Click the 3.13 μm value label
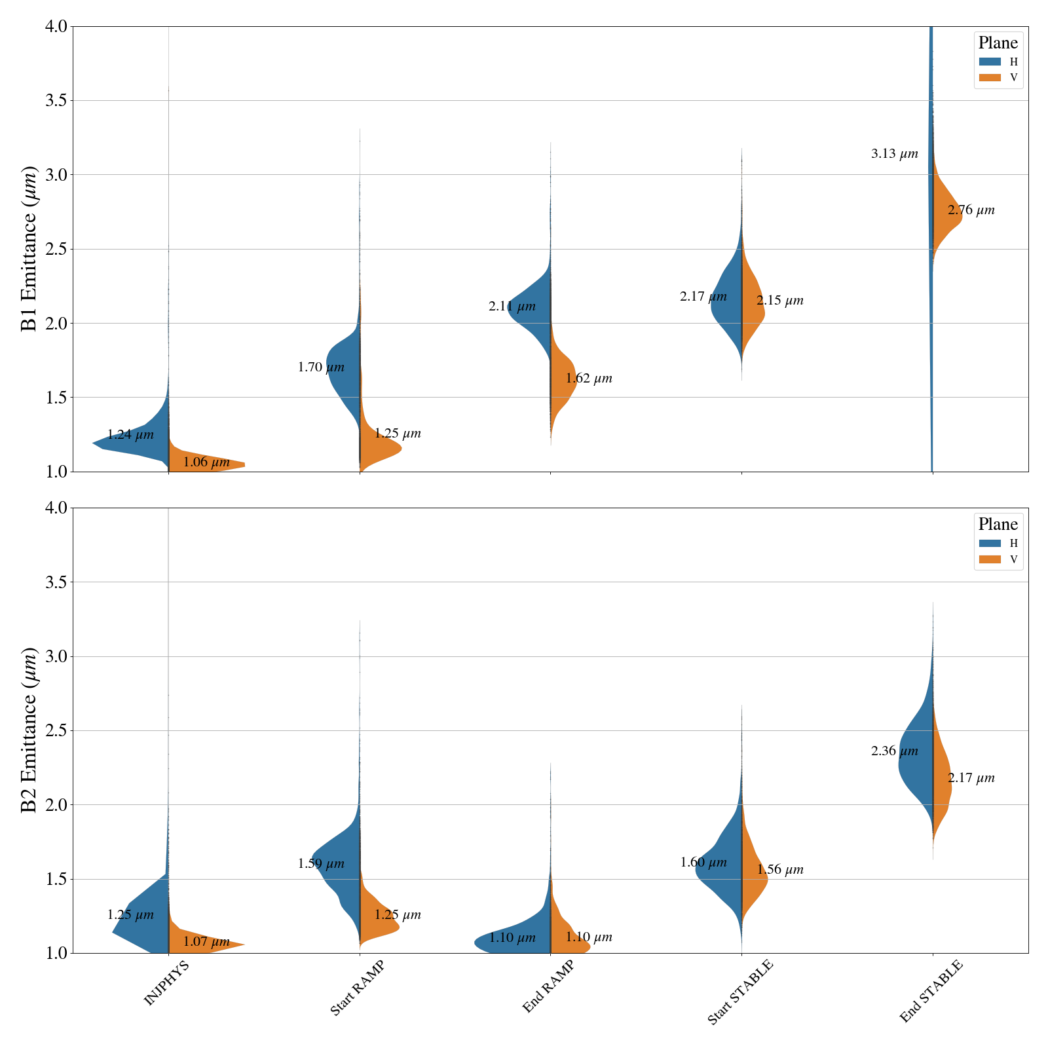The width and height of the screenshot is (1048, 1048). [x=894, y=155]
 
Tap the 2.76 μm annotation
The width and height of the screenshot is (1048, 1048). [x=971, y=210]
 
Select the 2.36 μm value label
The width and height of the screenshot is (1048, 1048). [x=894, y=751]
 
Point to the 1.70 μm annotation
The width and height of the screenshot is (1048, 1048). [x=321, y=367]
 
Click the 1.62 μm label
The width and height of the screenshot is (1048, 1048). [x=589, y=379]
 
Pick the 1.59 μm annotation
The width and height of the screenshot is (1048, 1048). [x=321, y=864]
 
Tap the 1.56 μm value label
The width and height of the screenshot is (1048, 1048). [x=780, y=870]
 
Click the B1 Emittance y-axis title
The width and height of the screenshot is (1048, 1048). [x=29, y=249]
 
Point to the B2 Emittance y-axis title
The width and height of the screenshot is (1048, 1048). [x=29, y=730]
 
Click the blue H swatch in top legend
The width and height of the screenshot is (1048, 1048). [x=990, y=62]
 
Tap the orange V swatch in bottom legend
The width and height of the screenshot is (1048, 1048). [x=990, y=559]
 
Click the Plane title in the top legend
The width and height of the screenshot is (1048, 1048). [x=998, y=43]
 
